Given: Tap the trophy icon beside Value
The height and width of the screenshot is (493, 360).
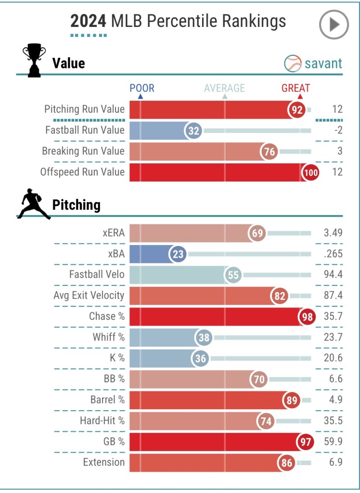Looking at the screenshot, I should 34,61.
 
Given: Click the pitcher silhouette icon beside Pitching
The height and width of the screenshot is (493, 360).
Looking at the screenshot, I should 34,206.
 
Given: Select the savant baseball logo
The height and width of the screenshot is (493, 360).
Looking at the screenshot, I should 293,63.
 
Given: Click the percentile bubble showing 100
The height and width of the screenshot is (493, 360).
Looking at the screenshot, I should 310,172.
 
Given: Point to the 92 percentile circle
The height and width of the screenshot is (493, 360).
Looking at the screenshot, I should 297,110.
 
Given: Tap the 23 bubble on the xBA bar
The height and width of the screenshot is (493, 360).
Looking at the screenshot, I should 178,254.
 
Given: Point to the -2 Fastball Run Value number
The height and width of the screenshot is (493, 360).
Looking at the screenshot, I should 337,130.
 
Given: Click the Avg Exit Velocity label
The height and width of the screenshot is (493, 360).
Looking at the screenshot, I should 89,296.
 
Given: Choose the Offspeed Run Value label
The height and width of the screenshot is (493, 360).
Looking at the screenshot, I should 85,172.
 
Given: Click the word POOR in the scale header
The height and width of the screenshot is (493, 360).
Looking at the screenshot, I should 142,88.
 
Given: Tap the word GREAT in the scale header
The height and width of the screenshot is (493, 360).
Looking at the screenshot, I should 296,88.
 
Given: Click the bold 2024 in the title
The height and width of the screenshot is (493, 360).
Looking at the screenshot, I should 89,21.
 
